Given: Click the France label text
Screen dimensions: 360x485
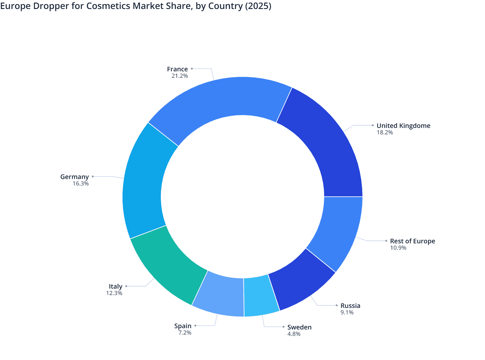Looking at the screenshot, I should click(177, 69).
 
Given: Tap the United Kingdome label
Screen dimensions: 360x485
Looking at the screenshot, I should click(403, 126).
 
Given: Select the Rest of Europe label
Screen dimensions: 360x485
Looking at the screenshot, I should click(412, 241).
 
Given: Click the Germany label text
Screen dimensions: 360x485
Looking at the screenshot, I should click(74, 177).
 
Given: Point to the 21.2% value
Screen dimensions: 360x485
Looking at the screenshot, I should click(179, 76).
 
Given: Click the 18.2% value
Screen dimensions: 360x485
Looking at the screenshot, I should click(385, 132).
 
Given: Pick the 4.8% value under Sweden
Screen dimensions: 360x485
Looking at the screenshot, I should click(294, 334).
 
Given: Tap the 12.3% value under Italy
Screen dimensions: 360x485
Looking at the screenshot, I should click(114, 293).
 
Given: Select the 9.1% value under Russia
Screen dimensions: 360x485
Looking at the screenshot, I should click(347, 312).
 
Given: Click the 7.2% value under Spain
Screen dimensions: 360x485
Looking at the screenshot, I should click(185, 333).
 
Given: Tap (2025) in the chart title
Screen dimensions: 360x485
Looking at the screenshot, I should click(258, 6).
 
